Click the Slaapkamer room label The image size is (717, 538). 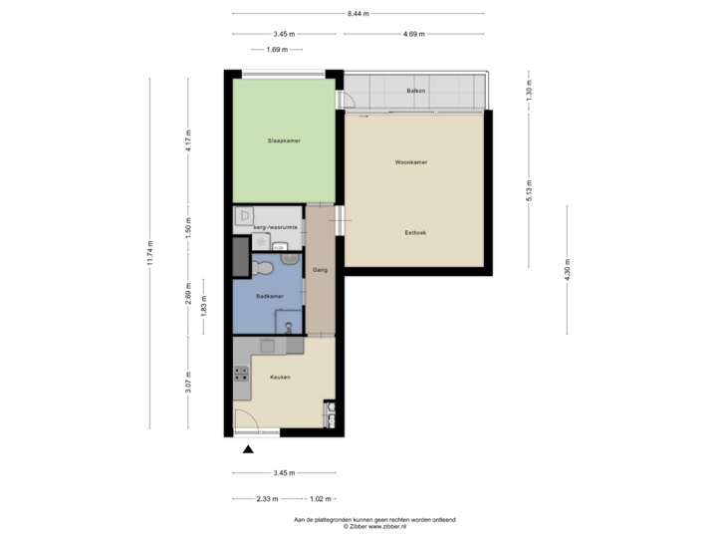284,140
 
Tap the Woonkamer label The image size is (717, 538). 410,161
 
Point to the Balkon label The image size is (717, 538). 416,92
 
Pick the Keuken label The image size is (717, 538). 280,377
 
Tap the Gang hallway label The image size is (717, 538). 321,270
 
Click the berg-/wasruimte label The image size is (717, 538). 275,227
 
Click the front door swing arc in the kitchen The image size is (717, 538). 246,418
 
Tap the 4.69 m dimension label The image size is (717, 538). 414,34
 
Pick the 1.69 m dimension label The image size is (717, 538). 278,49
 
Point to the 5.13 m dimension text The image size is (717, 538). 529,189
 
